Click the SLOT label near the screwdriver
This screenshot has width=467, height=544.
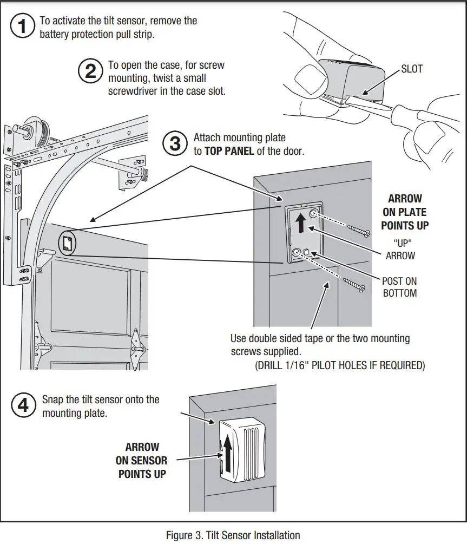pyautogui.click(x=412, y=69)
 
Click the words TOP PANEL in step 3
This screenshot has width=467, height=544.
pyautogui.click(x=229, y=151)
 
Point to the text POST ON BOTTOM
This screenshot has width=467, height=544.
pyautogui.click(x=399, y=287)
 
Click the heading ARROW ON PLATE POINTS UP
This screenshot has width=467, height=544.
pyautogui.click(x=404, y=212)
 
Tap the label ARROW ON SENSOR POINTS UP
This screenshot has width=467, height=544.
pyautogui.click(x=142, y=460)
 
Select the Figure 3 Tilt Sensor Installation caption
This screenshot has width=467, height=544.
pyautogui.click(x=233, y=535)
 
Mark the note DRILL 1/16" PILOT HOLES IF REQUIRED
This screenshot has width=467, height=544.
pyautogui.click(x=340, y=365)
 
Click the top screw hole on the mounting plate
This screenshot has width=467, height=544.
pyautogui.click(x=312, y=214)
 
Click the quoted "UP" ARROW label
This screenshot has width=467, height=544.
pyautogui.click(x=401, y=250)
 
